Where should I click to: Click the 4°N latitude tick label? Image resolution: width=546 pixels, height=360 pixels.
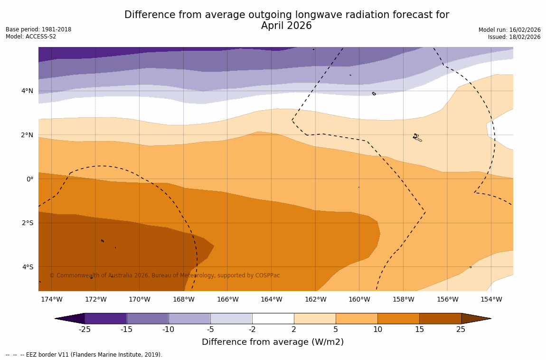point(27,91)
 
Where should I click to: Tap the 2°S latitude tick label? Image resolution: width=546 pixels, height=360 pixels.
point(27,223)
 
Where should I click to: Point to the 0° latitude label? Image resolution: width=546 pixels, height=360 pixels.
point(29,179)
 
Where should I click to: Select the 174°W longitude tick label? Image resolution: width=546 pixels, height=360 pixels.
point(51,299)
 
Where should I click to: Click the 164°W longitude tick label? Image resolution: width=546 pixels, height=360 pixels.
point(271,299)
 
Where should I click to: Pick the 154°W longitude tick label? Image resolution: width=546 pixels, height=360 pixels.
point(491,299)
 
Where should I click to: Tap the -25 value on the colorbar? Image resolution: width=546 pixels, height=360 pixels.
point(85,330)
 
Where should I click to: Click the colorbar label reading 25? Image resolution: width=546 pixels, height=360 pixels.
point(461,330)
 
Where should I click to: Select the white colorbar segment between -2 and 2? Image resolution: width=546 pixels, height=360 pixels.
point(273,318)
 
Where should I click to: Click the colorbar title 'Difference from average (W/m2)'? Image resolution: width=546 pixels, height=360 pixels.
point(273,342)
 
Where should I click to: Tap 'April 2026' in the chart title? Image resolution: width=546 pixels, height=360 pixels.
point(286,26)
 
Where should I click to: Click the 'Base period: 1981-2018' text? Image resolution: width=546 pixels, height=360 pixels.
point(38,29)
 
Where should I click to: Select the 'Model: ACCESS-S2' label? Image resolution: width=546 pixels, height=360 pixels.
point(31,37)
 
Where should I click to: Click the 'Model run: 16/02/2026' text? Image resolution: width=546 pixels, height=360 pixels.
point(509,30)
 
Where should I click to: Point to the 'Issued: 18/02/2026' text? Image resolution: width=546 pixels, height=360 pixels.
point(514,37)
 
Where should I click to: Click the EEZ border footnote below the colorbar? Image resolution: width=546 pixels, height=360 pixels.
point(84,355)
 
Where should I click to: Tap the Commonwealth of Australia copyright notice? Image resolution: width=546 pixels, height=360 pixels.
point(165,275)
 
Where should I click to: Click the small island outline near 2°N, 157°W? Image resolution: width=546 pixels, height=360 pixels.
point(417,137)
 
